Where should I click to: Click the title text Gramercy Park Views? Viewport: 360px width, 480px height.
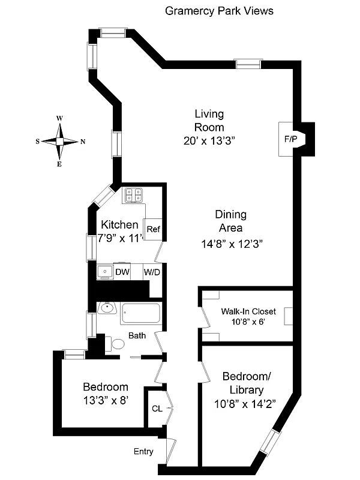pyautogui.click(x=219, y=11)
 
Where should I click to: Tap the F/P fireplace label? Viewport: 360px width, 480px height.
pyautogui.click(x=290, y=139)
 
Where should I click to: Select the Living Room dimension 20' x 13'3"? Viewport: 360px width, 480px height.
pyautogui.click(x=209, y=141)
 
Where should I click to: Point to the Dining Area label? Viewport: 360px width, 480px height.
pyautogui.click(x=230, y=221)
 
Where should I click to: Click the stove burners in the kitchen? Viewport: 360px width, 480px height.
pyautogui.click(x=133, y=194)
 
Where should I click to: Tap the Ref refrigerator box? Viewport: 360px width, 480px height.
pyautogui.click(x=154, y=229)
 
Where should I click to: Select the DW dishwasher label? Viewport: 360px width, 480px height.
pyautogui.click(x=122, y=272)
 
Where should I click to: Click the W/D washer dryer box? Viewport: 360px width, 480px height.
pyautogui.click(x=152, y=272)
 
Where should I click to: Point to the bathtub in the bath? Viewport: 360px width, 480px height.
pyautogui.click(x=141, y=313)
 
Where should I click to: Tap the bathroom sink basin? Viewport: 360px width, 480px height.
pyautogui.click(x=107, y=308)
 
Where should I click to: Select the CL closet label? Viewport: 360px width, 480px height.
pyautogui.click(x=157, y=409)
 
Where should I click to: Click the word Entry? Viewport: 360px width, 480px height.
pyautogui.click(x=143, y=452)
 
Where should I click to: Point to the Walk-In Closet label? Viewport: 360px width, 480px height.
pyautogui.click(x=248, y=311)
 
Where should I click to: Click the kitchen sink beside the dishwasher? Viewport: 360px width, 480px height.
pyautogui.click(x=105, y=271)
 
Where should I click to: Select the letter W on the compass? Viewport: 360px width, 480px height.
pyautogui.click(x=60, y=119)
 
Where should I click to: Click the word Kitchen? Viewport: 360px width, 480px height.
pyautogui.click(x=119, y=225)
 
